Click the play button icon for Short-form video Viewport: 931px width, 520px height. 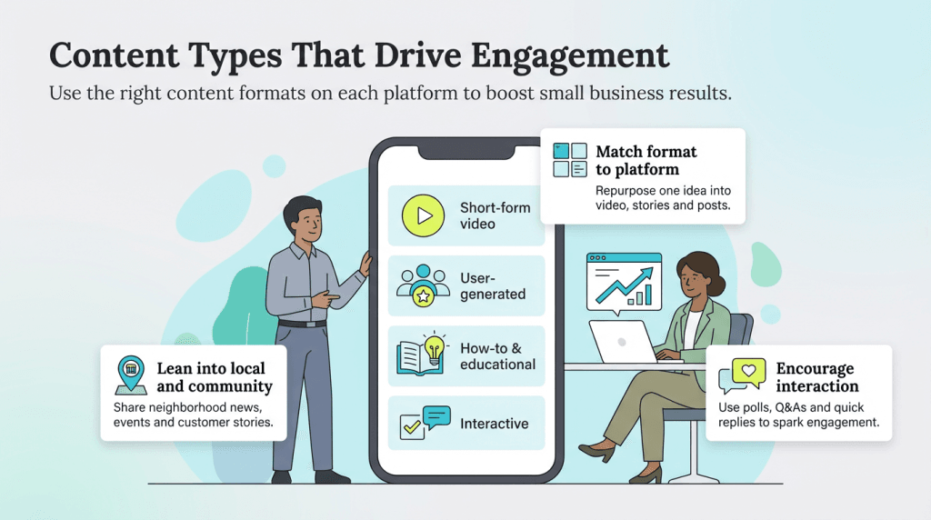(423, 215)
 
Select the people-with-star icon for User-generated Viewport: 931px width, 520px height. (423, 284)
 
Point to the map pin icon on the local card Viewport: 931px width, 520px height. (131, 374)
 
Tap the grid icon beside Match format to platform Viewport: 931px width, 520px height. (571, 160)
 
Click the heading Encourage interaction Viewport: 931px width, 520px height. (815, 377)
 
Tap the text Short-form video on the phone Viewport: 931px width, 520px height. (495, 215)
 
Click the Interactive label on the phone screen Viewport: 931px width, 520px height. (494, 424)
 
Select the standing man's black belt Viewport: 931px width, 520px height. (302, 323)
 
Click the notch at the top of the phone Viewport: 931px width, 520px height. (465, 150)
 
